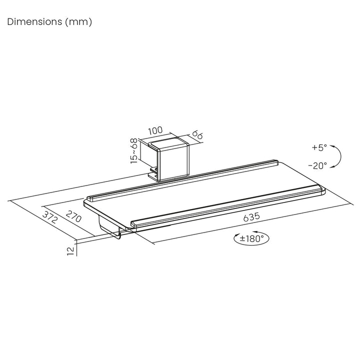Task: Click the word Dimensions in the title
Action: pos(34,22)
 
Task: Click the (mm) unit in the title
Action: pos(78,22)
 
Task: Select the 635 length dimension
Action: pos(251,217)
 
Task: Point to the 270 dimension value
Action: pos(73,216)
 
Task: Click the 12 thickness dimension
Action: pos(71,251)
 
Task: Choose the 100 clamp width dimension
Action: pos(155,130)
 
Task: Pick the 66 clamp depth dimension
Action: pos(197,135)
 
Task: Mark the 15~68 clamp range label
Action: pos(134,151)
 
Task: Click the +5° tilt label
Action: pos(319,147)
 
